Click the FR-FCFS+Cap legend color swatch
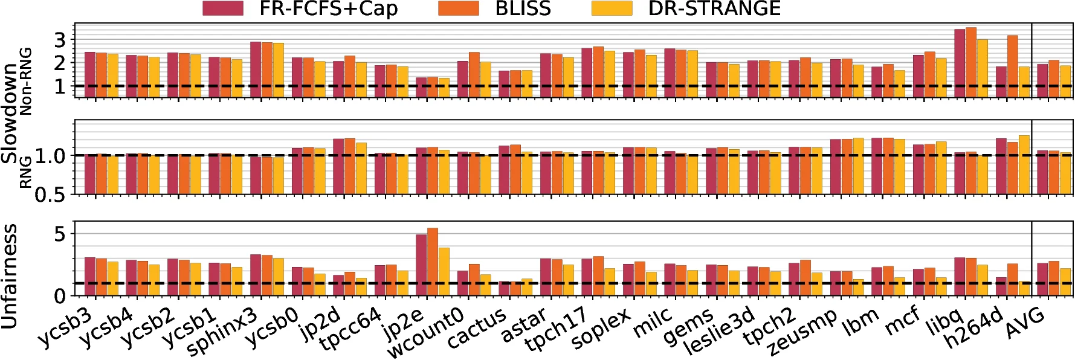pos(223,8)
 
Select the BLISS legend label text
pos(523,8)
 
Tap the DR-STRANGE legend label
pos(714,8)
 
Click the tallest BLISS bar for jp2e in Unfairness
pos(433,262)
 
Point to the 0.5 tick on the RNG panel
pos(50,194)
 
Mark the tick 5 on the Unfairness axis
pos(59,234)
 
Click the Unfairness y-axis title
pos(10,276)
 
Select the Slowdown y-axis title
pos(10,112)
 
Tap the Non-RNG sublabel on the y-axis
pos(25,81)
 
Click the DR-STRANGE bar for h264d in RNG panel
pos(1024,164)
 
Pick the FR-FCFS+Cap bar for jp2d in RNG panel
pos(338,166)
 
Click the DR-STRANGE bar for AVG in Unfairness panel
pos(1065,282)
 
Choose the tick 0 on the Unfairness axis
pos(59,296)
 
